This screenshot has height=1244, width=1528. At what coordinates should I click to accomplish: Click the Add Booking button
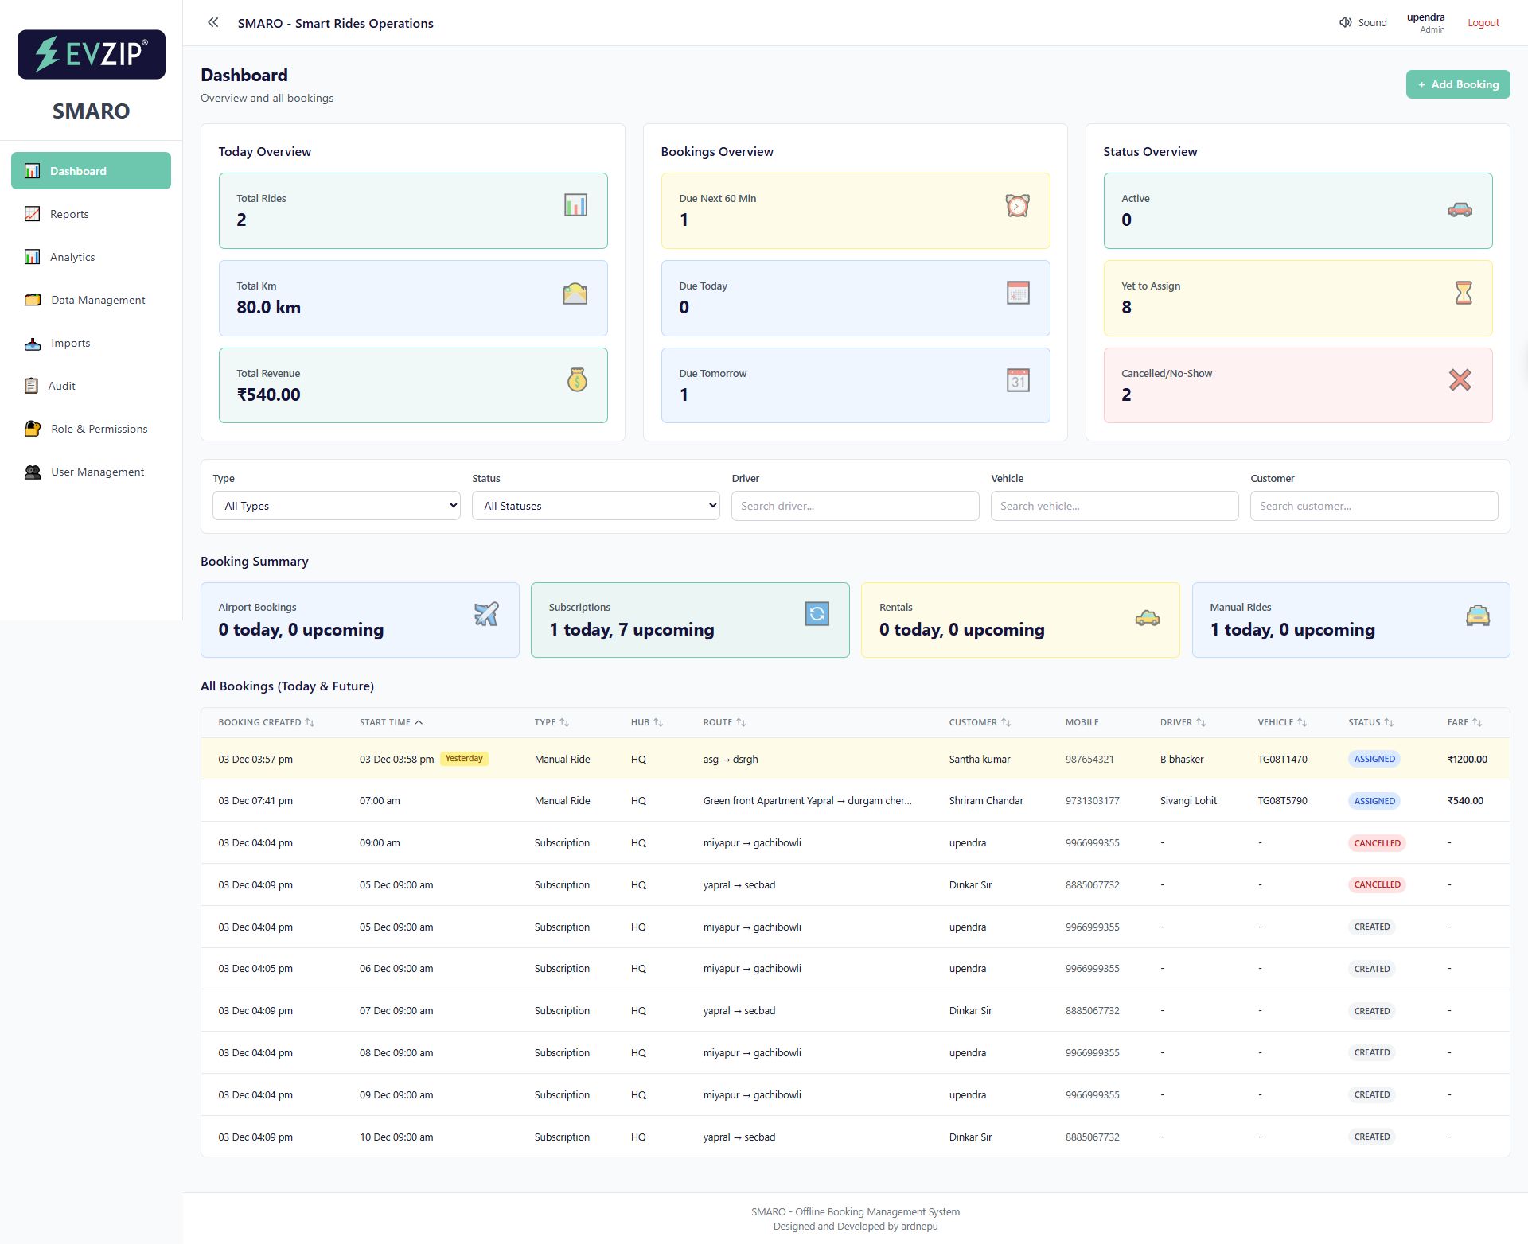(x=1457, y=84)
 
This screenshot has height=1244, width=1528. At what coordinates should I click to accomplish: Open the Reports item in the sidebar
(x=69, y=214)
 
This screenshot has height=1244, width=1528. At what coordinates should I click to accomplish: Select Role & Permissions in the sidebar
(x=99, y=429)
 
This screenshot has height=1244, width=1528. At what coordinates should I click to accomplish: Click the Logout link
(x=1483, y=23)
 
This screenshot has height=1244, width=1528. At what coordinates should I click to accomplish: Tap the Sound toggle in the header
(x=1362, y=23)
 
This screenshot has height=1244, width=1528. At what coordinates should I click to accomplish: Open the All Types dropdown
(x=336, y=506)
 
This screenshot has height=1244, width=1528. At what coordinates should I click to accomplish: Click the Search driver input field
(x=855, y=506)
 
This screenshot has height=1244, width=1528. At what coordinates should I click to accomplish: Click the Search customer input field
(x=1373, y=506)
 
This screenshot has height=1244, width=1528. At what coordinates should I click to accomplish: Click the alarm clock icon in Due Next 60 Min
(x=1017, y=206)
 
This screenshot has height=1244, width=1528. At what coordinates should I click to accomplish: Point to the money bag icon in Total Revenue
(x=577, y=380)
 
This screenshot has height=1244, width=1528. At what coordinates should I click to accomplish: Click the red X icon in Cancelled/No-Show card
(x=1460, y=380)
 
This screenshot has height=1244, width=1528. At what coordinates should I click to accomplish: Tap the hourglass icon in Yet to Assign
(x=1463, y=293)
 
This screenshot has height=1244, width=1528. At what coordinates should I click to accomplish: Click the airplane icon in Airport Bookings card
(x=486, y=613)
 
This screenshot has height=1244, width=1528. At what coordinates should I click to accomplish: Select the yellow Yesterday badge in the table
(x=464, y=759)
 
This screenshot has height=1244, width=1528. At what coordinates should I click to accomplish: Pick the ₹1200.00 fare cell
(x=1467, y=760)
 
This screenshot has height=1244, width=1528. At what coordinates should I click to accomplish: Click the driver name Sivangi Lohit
(x=1188, y=801)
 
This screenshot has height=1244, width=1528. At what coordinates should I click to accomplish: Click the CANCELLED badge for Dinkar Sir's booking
(x=1377, y=884)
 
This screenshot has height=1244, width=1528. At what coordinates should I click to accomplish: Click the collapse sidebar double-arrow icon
(x=212, y=23)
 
